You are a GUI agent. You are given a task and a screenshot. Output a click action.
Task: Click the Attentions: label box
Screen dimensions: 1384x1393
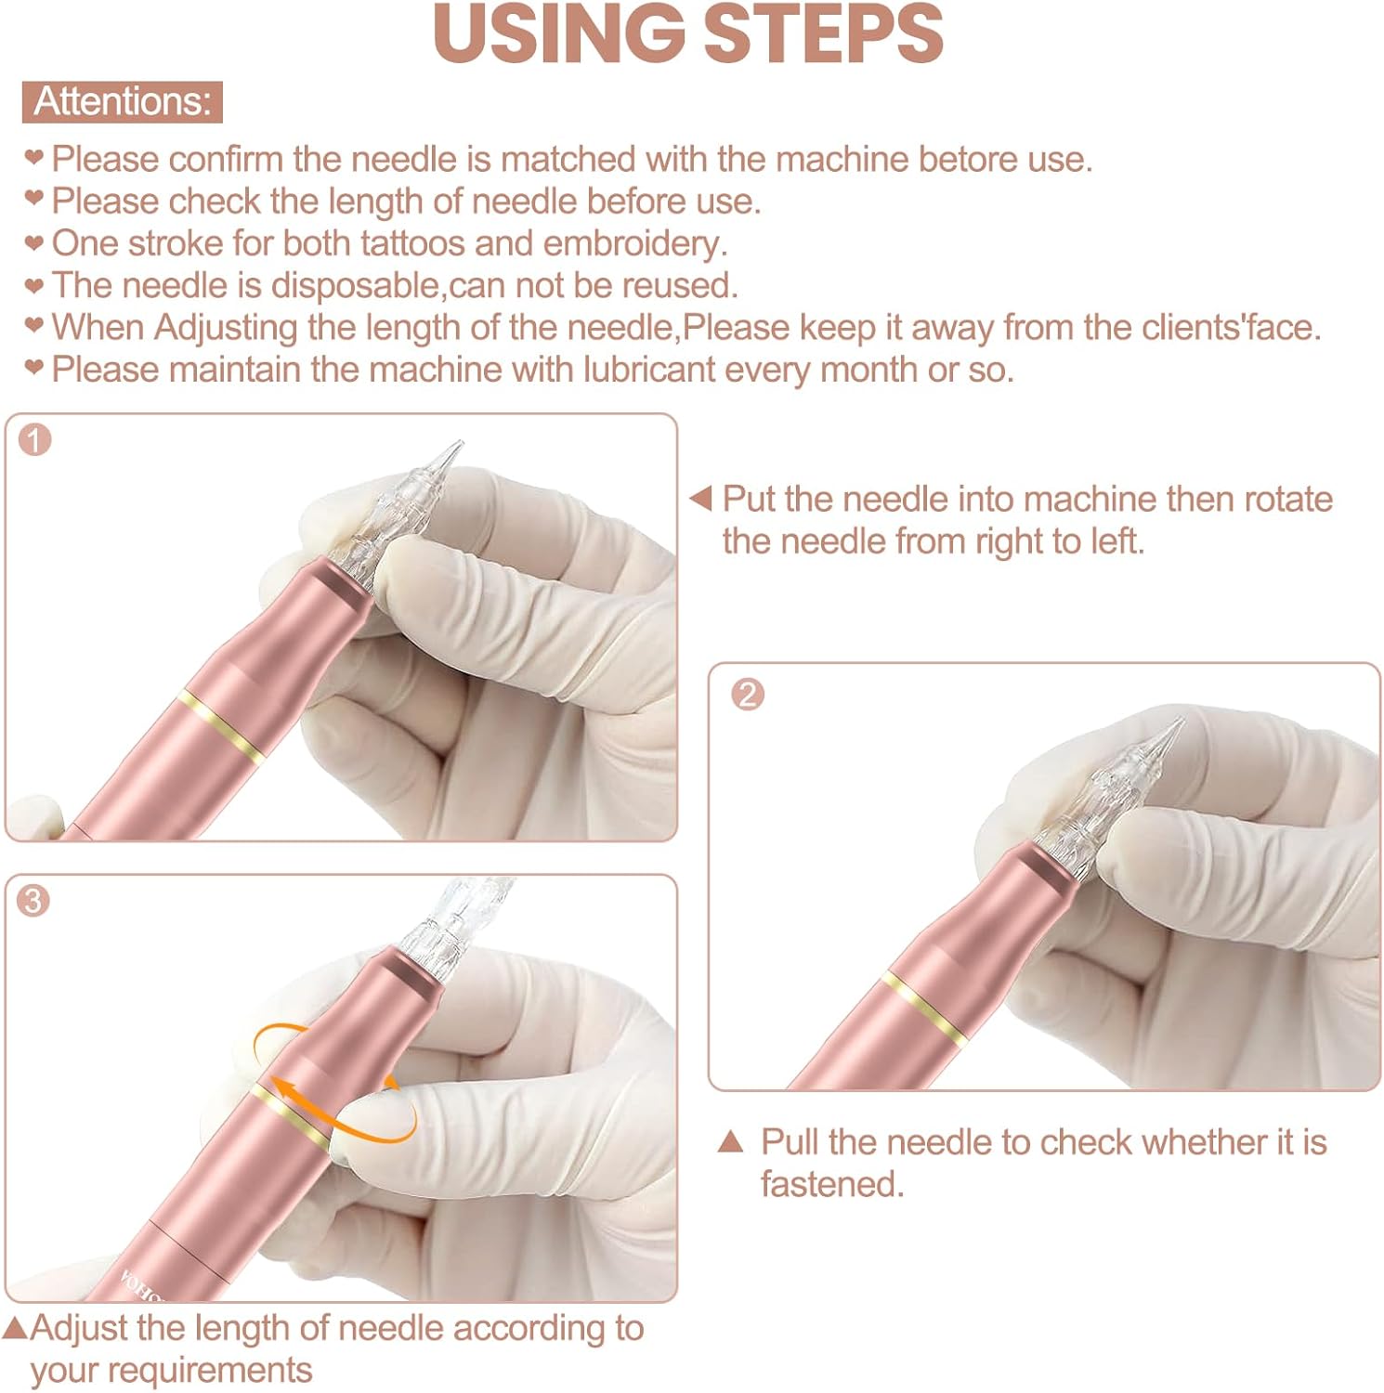[123, 101]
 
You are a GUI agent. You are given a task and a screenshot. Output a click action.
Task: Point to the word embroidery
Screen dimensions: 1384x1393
[635, 244]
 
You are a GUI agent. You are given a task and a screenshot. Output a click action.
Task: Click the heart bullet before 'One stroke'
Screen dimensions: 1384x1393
[34, 243]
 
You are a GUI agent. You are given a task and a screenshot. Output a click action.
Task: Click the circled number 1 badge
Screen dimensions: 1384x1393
[35, 440]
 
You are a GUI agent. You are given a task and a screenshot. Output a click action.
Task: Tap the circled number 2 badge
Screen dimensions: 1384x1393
[748, 694]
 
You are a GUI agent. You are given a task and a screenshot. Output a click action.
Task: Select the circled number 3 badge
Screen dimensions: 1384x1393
[33, 901]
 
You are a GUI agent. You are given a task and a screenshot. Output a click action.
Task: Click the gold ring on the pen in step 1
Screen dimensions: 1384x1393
[222, 726]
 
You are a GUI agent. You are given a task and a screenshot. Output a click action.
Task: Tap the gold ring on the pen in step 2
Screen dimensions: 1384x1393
[924, 1003]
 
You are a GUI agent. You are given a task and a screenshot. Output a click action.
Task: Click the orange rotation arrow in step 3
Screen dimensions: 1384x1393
[335, 1083]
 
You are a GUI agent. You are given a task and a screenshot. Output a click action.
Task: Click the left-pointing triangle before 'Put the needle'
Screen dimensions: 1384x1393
[700, 498]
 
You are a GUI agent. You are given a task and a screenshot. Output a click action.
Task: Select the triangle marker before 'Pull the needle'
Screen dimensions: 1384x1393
[731, 1141]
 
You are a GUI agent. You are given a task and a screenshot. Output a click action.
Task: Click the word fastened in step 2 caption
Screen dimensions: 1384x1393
[832, 1184]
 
